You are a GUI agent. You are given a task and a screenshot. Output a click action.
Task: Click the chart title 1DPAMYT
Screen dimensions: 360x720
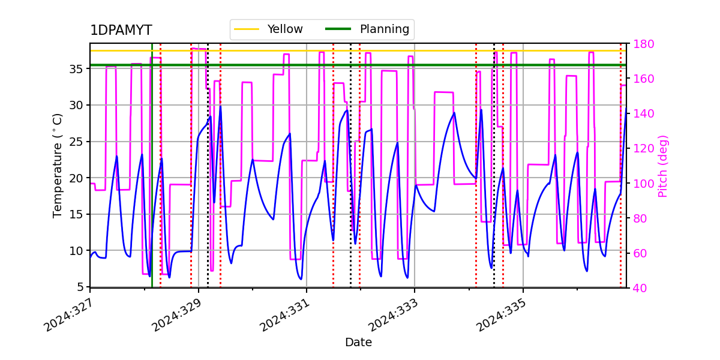121,31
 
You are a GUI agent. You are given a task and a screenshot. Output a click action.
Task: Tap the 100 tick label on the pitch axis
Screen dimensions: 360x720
641,184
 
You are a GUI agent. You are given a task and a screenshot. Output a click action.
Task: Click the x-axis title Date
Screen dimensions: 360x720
358,343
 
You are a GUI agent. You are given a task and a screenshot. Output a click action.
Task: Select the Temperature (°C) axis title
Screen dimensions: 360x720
58,165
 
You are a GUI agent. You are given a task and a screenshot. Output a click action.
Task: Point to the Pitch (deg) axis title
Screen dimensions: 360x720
663,166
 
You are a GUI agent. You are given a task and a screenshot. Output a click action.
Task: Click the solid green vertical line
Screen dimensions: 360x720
152,180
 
